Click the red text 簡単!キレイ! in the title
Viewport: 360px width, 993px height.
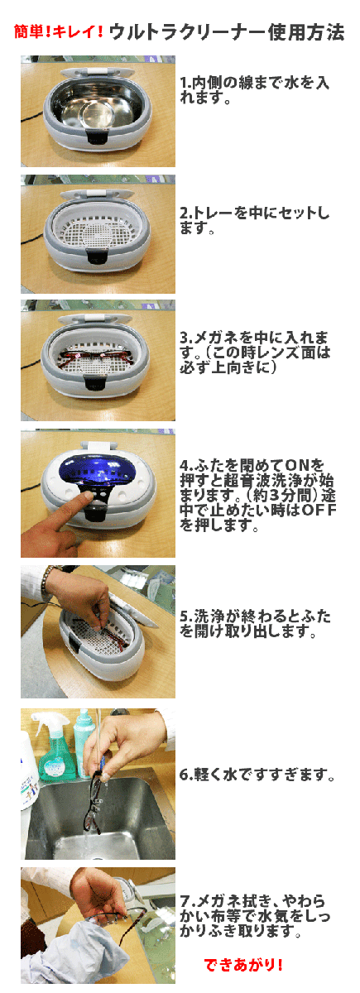(x=59, y=33)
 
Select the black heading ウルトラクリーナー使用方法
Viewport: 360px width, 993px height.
(x=228, y=33)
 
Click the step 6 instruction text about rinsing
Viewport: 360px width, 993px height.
(x=257, y=775)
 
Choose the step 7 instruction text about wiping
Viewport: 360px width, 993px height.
(x=253, y=915)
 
